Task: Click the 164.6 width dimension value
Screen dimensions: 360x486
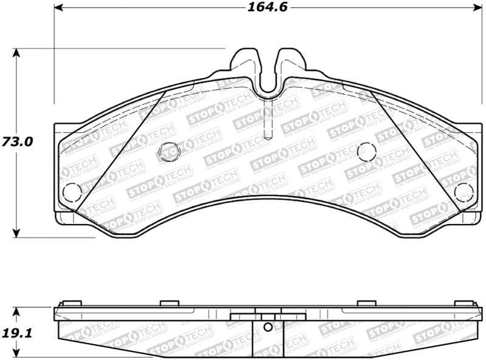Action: (x=267, y=7)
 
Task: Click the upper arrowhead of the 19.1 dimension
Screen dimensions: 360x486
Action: (x=17, y=311)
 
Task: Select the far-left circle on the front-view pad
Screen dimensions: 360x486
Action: (x=72, y=192)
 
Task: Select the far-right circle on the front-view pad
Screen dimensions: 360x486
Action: (x=464, y=192)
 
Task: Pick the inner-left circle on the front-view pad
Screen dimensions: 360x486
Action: (x=168, y=151)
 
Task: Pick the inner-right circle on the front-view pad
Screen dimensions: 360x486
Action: (x=367, y=151)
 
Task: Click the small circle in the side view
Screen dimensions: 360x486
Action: (x=268, y=327)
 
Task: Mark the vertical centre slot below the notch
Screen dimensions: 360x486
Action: (x=268, y=121)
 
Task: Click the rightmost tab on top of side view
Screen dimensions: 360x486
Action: (x=465, y=303)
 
